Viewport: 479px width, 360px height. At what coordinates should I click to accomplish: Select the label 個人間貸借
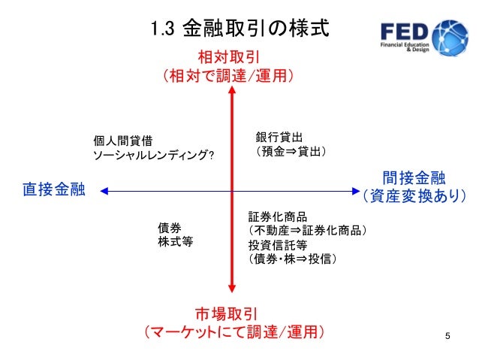pos(123,141)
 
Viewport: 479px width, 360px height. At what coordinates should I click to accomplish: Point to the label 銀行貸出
pos(279,137)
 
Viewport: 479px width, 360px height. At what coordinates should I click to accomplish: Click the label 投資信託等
pos(278,244)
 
